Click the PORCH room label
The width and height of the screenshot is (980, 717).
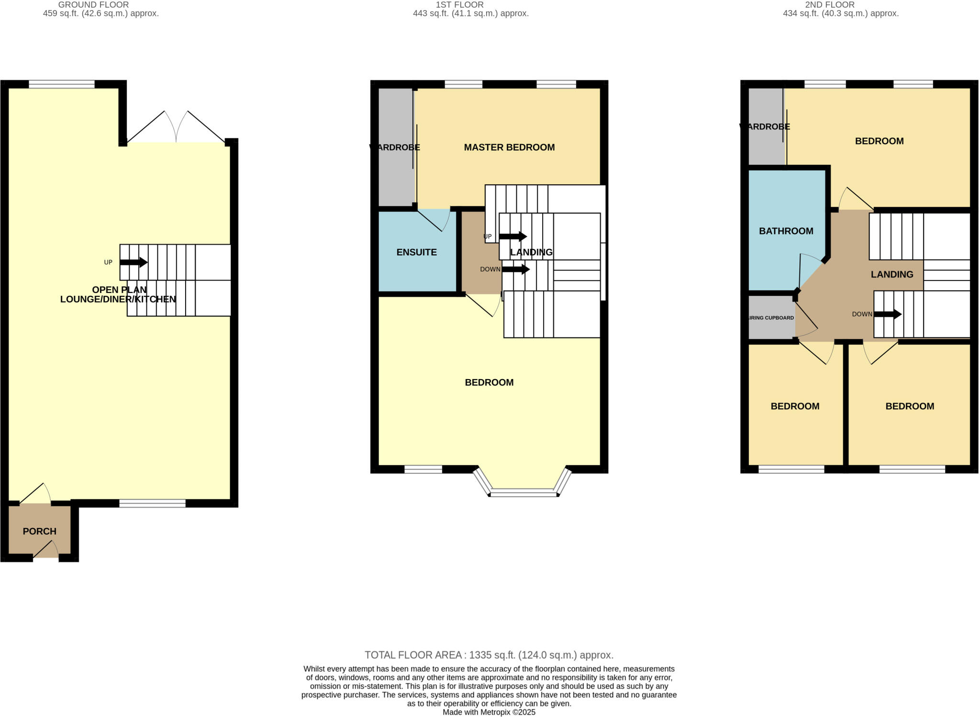tap(39, 531)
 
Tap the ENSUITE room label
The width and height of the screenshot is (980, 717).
tap(416, 252)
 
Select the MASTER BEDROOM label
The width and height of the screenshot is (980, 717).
tap(509, 147)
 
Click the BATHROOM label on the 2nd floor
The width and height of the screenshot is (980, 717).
tap(786, 231)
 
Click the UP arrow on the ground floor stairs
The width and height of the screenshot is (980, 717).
tap(134, 262)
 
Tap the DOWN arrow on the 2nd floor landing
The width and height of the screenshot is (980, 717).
tap(888, 314)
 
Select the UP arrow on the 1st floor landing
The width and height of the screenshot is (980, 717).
tap(512, 236)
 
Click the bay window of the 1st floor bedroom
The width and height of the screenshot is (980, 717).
tap(523, 492)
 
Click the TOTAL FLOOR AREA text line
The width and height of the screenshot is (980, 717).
tap(489, 655)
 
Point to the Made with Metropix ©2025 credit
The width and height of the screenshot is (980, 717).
tap(489, 712)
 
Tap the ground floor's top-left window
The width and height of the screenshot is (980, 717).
tap(62, 85)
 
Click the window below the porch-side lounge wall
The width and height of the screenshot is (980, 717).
tap(152, 503)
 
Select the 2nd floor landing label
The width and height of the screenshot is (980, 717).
tap(891, 274)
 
